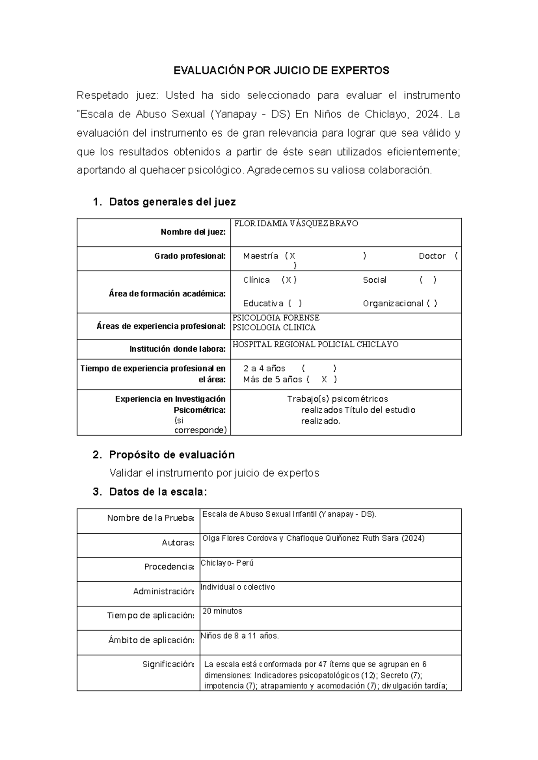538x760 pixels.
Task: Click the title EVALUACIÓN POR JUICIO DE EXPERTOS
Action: (x=282, y=70)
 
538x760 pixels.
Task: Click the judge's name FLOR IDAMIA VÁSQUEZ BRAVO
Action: (x=296, y=224)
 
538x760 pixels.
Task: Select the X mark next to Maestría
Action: (x=292, y=256)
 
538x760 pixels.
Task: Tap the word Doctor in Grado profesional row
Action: (x=432, y=256)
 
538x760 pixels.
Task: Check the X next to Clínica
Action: (x=289, y=280)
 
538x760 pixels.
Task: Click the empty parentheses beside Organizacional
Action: (x=432, y=303)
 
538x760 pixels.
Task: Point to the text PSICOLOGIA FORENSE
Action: (x=276, y=318)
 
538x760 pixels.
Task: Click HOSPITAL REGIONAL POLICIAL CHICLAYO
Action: (x=315, y=345)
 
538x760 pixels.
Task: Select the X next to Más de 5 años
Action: (x=324, y=380)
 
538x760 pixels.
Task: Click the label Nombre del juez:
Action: (x=193, y=232)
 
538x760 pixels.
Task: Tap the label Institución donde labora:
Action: (x=178, y=349)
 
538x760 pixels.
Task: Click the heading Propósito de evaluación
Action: (x=172, y=455)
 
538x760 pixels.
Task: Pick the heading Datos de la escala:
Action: (x=158, y=492)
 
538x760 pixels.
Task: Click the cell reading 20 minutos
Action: (x=222, y=611)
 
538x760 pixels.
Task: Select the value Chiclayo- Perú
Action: (x=227, y=563)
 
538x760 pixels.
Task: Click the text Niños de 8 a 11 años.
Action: (x=240, y=635)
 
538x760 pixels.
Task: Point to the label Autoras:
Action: (x=178, y=543)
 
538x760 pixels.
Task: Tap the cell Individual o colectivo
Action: (x=238, y=587)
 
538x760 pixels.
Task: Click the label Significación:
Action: (x=168, y=664)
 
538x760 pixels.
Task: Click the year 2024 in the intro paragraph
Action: (x=427, y=114)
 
